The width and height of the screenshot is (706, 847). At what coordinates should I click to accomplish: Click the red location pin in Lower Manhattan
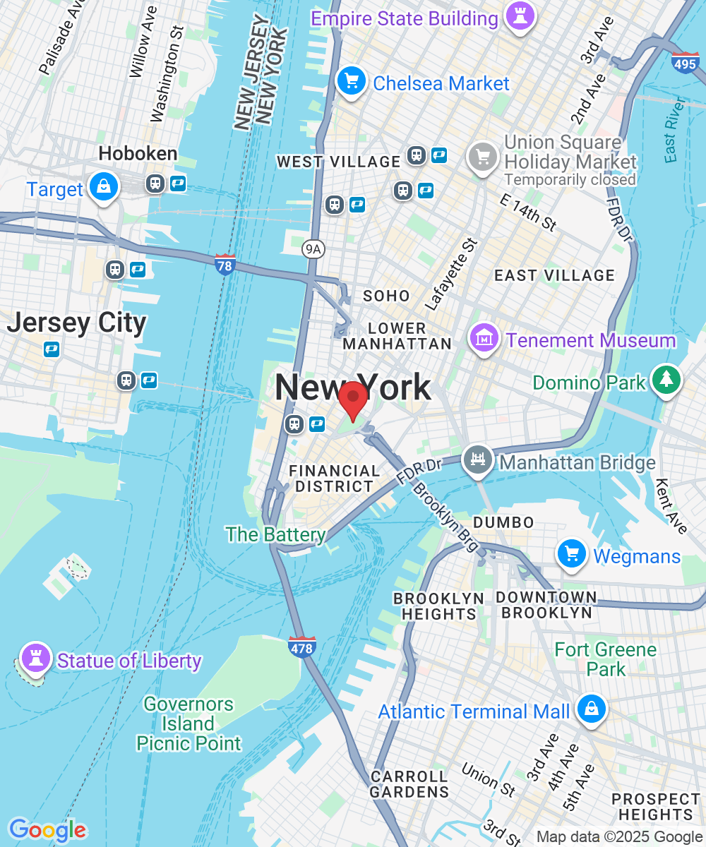[352, 400]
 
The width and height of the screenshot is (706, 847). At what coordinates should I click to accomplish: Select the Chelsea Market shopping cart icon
[351, 81]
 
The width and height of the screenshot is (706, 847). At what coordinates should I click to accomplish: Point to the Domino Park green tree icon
[666, 380]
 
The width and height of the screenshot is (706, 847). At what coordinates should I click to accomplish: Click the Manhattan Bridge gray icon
[479, 460]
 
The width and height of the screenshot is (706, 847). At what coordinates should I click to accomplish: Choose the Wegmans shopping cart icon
[571, 553]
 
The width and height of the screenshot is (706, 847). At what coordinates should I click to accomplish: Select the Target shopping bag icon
[104, 187]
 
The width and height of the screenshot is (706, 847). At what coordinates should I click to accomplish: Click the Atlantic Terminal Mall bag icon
[590, 709]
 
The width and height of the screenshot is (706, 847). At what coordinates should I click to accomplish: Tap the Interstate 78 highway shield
[225, 265]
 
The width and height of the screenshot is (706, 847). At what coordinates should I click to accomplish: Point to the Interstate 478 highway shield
[302, 647]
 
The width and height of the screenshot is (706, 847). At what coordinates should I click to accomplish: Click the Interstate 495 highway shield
[685, 63]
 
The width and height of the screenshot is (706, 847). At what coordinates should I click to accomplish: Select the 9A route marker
[312, 248]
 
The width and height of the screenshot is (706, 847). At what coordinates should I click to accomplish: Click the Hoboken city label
[138, 153]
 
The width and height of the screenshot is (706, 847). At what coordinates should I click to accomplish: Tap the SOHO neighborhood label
[386, 296]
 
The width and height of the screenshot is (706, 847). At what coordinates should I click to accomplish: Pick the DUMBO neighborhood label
[503, 522]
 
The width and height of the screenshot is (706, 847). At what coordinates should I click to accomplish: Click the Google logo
[47, 830]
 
